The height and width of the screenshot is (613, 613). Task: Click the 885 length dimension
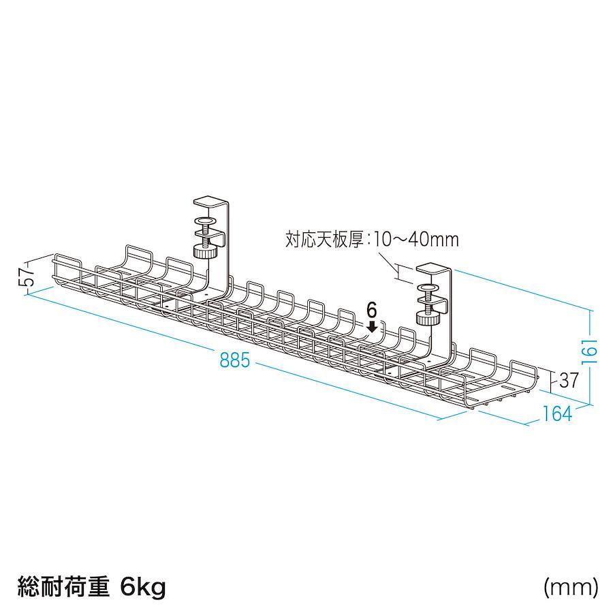point(234,360)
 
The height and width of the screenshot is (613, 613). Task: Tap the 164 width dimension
point(557,413)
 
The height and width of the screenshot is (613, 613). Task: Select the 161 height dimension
point(589,351)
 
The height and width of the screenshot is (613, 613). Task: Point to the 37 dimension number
point(569,380)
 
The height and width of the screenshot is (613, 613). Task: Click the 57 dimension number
point(27,276)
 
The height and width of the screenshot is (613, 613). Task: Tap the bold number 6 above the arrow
point(372,311)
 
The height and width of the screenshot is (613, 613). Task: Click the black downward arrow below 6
point(372,327)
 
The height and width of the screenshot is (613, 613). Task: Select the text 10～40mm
point(415,239)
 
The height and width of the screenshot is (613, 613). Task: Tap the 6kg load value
point(143,587)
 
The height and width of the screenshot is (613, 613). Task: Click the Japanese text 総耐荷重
point(63,587)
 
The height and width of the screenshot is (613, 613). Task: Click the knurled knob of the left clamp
point(205,251)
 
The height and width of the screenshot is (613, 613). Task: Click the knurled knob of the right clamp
point(428,317)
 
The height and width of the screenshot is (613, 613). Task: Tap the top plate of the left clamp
point(210,202)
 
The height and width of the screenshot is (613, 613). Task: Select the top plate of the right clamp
point(434,268)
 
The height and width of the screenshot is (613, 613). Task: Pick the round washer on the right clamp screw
point(428,289)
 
